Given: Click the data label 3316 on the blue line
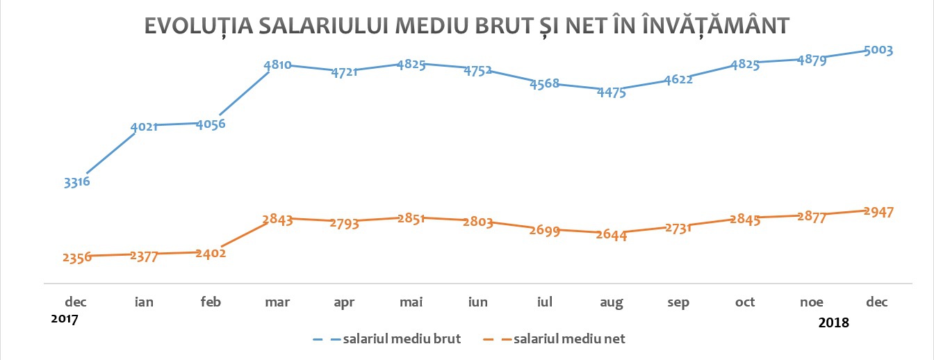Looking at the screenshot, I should point(77,183).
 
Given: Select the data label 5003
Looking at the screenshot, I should point(879,50).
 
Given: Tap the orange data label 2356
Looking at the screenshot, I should point(77,257).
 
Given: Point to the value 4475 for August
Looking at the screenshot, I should point(612,92).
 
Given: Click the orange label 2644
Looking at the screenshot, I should point(612,236).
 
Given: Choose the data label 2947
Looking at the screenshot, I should point(879,211).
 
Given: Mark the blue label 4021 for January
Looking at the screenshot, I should point(144,126).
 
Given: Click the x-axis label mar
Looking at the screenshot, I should point(277,302).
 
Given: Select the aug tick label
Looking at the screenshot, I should point(612,302).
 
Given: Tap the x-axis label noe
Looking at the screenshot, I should point(812,302).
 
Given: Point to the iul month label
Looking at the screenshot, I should point(545,302).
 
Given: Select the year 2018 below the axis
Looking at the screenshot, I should point(835,322).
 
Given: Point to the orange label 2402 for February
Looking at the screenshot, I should point(211,253).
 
